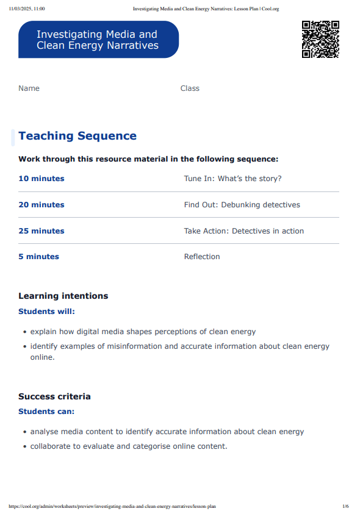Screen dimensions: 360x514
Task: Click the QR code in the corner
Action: (320, 39)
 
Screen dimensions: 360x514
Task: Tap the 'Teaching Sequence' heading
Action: (77, 136)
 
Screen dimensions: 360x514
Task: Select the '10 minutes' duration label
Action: (41, 179)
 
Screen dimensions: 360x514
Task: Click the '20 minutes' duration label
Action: (41, 205)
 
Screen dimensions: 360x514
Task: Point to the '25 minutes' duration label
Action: (41, 231)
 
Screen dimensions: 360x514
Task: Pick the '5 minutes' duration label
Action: (39, 257)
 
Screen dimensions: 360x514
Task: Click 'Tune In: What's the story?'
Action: (232, 179)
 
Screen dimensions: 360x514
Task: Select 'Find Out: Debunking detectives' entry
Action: (242, 205)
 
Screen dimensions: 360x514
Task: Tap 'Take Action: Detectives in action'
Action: (243, 231)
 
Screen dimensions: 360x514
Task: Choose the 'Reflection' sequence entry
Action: (202, 257)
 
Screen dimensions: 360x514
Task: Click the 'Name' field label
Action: (29, 88)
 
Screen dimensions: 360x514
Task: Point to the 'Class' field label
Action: (190, 88)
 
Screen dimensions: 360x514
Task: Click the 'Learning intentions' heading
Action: (63, 296)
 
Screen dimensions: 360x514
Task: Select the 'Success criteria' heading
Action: (54, 396)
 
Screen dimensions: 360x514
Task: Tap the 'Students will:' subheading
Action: (47, 312)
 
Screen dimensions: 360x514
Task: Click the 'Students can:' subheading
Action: (46, 412)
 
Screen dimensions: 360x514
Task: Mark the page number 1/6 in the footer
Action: (345, 506)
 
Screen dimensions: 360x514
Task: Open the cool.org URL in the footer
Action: (112, 506)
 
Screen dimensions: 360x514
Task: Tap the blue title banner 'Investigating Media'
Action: (98, 40)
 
